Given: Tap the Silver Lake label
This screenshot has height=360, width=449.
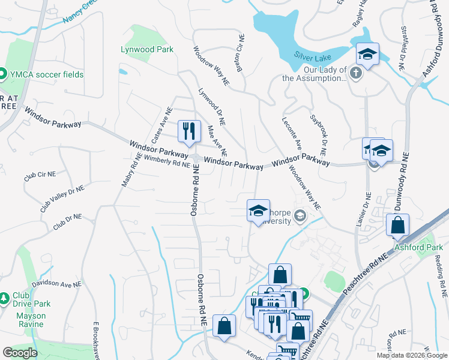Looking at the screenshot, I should click(312, 55).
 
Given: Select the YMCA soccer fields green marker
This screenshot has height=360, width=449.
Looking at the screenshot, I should click(2, 74).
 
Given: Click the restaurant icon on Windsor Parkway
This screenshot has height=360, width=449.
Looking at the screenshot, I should click(189, 130).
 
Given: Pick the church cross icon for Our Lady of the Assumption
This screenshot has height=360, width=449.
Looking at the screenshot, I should click(355, 73).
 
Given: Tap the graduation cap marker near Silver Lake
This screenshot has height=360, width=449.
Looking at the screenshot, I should click(367, 55).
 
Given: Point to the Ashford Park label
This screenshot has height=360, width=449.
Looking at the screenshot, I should click(418, 247).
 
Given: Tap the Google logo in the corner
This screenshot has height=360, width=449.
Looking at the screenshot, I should click(20, 353).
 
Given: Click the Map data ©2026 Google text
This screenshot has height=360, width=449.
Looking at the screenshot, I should click(412, 355).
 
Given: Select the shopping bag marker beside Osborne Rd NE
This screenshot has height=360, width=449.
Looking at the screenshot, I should click(224, 326).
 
